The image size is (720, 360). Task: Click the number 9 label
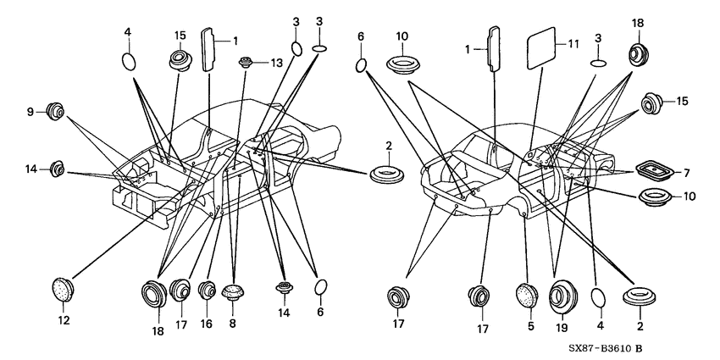point(30,112)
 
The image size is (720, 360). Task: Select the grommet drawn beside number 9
point(55,111)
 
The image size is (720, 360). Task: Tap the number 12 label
point(64,320)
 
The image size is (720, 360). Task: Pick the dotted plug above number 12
point(63,290)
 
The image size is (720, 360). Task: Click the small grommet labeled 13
point(246,62)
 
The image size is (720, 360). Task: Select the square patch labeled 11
point(541,47)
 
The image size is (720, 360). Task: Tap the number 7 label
point(686,173)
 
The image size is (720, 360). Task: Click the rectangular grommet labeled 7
point(656,170)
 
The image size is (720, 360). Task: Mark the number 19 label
point(562,328)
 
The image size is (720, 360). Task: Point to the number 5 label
point(530,326)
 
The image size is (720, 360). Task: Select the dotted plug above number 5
point(527,296)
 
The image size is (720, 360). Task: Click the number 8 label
point(232,324)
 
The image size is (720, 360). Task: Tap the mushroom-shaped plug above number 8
point(232,292)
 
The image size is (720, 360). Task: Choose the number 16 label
point(206,324)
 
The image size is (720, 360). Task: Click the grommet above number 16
point(207,291)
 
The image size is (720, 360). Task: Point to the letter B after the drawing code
point(639,348)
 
